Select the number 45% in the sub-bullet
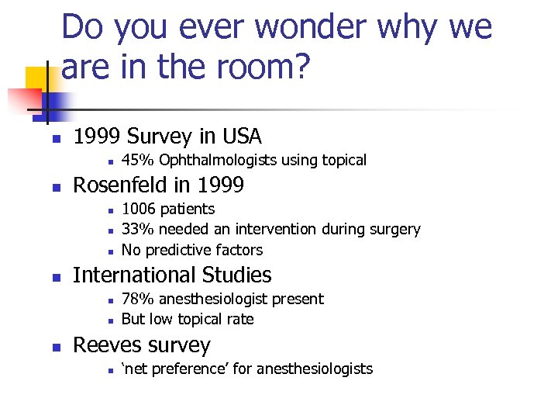tap(136, 161)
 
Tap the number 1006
tap(138, 209)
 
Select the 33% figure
tap(136, 230)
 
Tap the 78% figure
tap(136, 300)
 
